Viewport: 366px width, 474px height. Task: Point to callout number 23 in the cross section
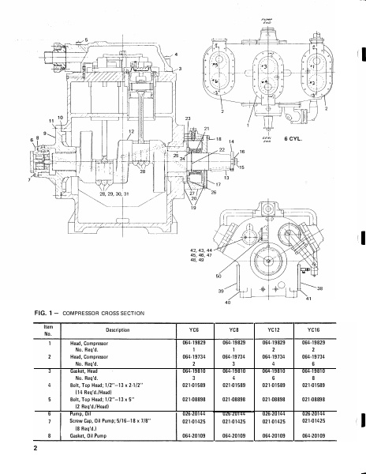coord(188,118)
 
